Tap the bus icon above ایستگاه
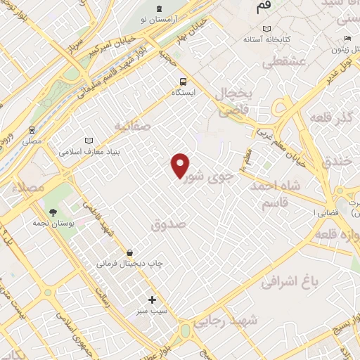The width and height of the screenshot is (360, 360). (x=183, y=81)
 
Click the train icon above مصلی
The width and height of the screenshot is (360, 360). (x=32, y=130)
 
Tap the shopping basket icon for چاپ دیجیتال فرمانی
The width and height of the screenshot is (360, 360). (x=130, y=252)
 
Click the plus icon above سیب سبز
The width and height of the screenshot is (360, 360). (x=152, y=300)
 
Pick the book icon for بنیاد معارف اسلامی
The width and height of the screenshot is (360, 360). (x=88, y=140)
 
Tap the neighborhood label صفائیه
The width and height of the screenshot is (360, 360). (x=133, y=126)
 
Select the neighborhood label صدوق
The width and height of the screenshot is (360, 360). (x=167, y=224)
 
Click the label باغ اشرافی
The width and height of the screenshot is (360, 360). (x=290, y=281)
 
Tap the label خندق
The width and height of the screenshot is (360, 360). (x=337, y=162)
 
